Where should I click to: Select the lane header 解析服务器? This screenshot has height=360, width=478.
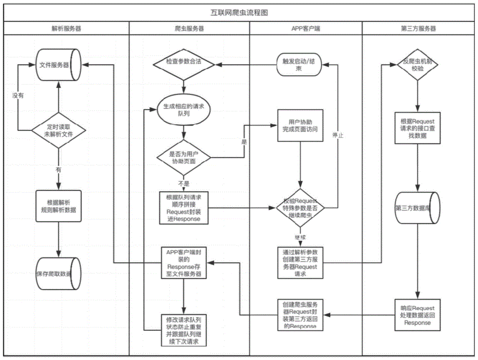pos(66,29)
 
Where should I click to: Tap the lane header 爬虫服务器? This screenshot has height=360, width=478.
pos(189,29)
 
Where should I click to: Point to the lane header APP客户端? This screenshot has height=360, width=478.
pos(306,29)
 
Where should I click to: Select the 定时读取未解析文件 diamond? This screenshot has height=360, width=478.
pos(58,130)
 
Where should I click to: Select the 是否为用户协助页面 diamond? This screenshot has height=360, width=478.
pos(184,157)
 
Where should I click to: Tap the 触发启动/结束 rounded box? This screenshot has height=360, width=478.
pos(299,64)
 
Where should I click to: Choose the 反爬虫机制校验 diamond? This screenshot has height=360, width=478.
pos(418,64)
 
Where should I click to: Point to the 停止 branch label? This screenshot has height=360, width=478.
pos(338,135)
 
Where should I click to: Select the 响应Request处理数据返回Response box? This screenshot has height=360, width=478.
pos(418,315)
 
